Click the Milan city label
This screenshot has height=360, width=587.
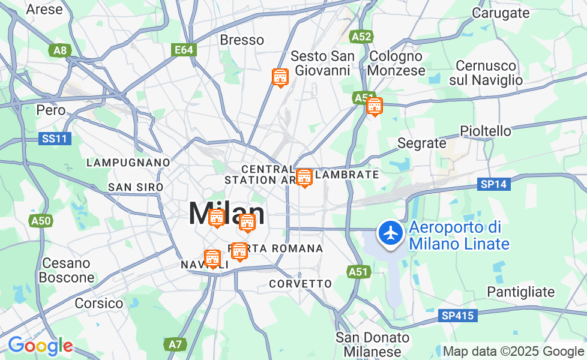click(226, 213)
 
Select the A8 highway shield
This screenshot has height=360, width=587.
click(60, 50)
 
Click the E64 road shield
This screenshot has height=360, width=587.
click(183, 50)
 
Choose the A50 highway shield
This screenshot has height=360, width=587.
click(41, 221)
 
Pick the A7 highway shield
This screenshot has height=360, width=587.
click(174, 344)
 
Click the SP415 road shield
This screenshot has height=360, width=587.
click(457, 315)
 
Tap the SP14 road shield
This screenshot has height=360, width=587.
click(494, 184)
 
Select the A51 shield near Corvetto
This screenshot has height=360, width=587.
click(358, 272)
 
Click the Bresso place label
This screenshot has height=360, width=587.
click(242, 40)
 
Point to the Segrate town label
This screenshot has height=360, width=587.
click(422, 143)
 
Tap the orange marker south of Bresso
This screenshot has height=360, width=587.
click(280, 77)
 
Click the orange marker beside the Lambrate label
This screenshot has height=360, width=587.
click(304, 178)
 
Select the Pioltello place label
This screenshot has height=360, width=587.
click(486, 131)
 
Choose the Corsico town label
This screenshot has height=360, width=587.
click(99, 304)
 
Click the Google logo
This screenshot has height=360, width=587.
click(40, 346)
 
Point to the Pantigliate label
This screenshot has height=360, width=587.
click(521, 292)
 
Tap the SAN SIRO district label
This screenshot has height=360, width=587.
click(136, 187)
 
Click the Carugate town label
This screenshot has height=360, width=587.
click(501, 12)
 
